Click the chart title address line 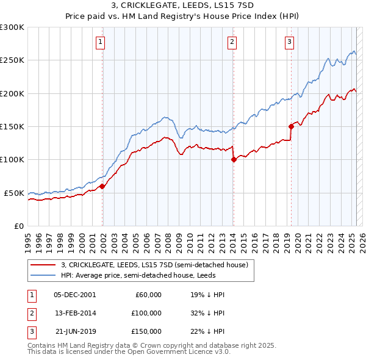182,5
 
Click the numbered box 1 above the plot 100,42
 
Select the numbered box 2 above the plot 232,42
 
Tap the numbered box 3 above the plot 289,42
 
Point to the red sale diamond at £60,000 102,186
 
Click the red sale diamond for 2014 234,160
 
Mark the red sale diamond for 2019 292,126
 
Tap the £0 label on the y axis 18,226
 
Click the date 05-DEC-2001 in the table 74,295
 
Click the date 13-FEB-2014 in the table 74,312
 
